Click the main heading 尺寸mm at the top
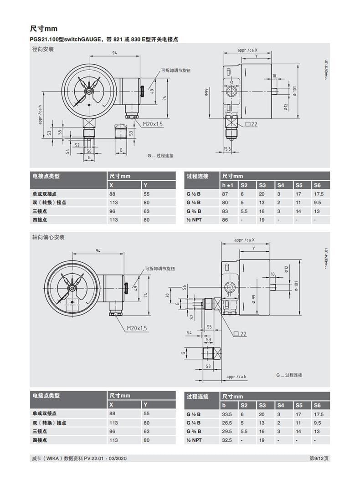44,29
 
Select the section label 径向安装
43,49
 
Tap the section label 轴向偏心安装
48,238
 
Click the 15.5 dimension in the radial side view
227,149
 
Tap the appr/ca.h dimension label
40,114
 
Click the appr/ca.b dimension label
236,377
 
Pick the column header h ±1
227,185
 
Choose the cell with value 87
225,194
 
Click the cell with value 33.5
226,414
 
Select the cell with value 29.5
226,431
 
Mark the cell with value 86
225,220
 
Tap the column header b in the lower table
224,405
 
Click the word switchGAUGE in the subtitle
83,40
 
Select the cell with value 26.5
226,423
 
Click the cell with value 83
225,211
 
